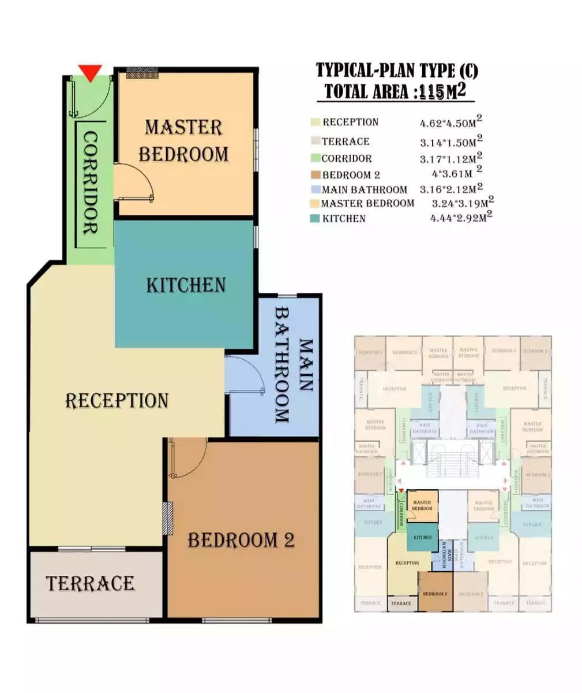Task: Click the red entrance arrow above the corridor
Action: [91, 73]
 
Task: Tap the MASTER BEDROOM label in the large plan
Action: [183, 141]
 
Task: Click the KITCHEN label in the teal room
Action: [186, 285]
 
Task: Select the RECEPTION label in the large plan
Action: [117, 400]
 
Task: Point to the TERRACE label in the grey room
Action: [91, 583]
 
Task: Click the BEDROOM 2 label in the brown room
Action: [241, 540]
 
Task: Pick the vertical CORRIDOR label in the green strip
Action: [90, 183]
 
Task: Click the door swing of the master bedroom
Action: [134, 182]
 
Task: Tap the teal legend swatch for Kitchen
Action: [314, 219]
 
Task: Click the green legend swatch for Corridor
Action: [314, 158]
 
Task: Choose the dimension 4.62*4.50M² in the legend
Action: [451, 123]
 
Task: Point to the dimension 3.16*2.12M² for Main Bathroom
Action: [451, 189]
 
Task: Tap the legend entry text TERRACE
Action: [346, 141]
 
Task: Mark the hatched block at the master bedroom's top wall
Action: [142, 73]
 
